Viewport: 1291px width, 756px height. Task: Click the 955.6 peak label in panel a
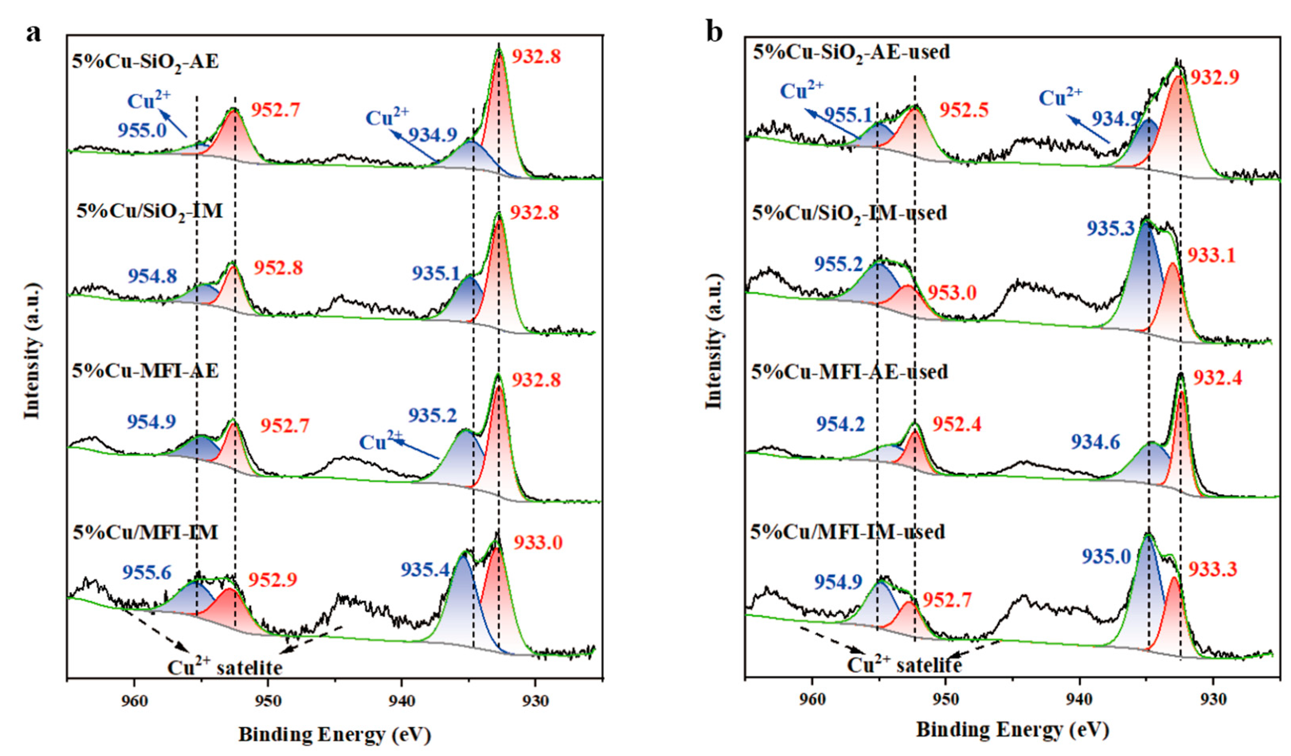click(x=146, y=572)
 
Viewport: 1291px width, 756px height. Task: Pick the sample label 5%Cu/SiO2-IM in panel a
click(x=150, y=211)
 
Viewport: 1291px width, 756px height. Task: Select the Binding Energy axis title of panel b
click(x=1012, y=729)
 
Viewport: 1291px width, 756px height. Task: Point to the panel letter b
click(x=714, y=32)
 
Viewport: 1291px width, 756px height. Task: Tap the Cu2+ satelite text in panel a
click(x=225, y=667)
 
